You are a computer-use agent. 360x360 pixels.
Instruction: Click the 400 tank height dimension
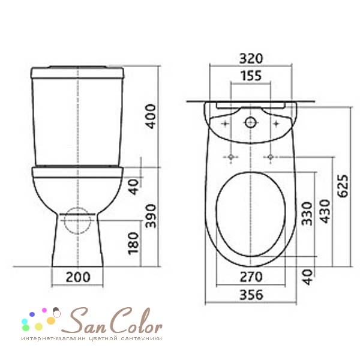click(x=151, y=116)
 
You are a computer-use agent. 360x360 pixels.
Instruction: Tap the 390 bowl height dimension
click(x=151, y=216)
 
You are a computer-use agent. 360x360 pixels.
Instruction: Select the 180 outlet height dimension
click(x=134, y=244)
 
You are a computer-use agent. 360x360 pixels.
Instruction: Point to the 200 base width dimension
click(x=78, y=277)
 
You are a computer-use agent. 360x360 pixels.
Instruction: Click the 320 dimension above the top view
click(x=251, y=59)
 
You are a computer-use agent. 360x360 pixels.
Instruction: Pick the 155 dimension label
click(x=251, y=76)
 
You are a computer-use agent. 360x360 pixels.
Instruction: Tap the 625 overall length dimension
click(x=343, y=186)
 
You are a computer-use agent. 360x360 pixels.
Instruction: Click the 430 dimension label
click(x=325, y=211)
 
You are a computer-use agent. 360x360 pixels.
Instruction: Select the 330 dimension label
click(x=307, y=214)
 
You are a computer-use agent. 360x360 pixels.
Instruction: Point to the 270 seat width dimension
click(x=251, y=277)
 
